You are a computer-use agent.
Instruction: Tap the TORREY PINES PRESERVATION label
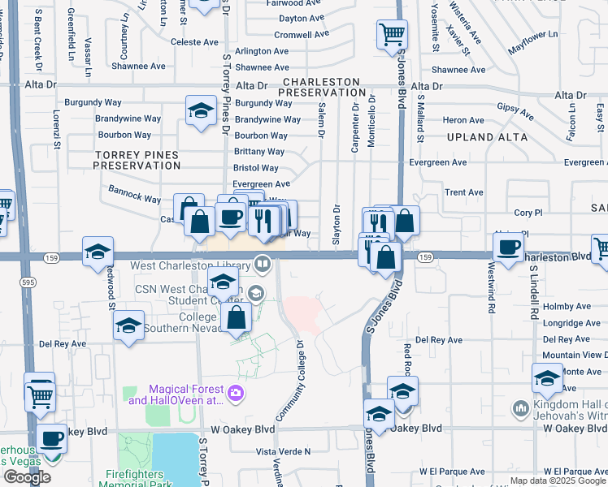click(x=137, y=159)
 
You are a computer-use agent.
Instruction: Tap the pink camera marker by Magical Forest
click(x=235, y=394)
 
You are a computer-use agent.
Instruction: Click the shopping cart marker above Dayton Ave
click(x=392, y=35)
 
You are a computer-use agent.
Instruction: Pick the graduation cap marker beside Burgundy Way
click(x=199, y=112)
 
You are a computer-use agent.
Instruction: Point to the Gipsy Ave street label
click(x=515, y=108)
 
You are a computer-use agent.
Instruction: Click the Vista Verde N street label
click(x=284, y=451)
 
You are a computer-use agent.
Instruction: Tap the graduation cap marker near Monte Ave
click(x=547, y=377)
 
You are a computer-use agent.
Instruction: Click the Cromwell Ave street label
click(x=293, y=35)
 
